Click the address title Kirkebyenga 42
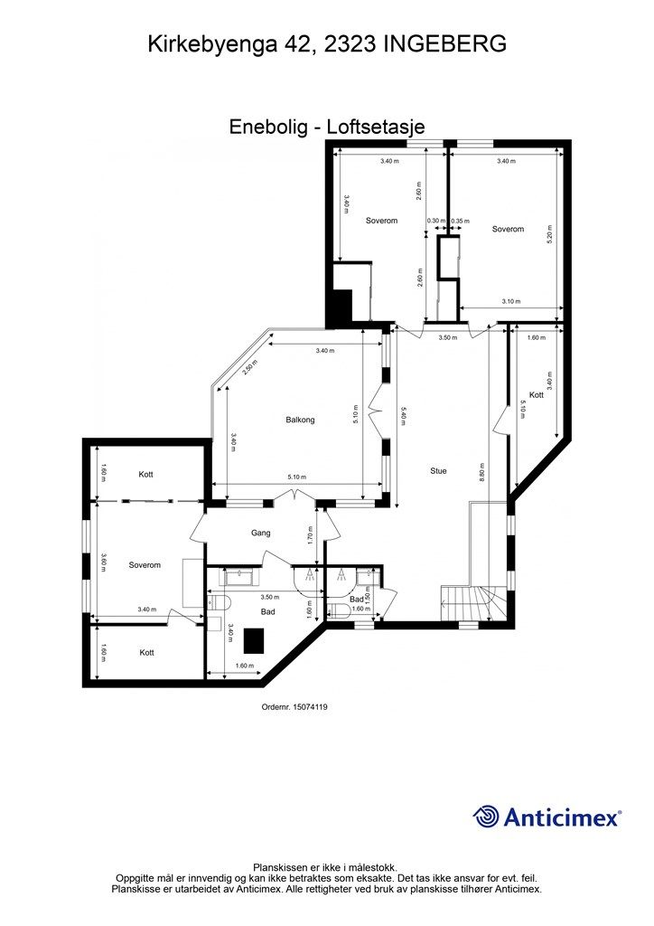click(x=229, y=43)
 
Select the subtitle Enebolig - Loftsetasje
click(x=327, y=128)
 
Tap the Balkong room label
click(x=300, y=420)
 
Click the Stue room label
click(x=438, y=470)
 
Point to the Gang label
click(x=261, y=534)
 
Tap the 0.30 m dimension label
click(x=435, y=221)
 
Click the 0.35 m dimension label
click(x=461, y=221)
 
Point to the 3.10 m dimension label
click(x=511, y=302)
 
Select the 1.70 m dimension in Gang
click(x=310, y=535)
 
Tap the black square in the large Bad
click(x=255, y=640)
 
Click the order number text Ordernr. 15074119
click(x=294, y=708)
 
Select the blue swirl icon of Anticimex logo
click(x=487, y=817)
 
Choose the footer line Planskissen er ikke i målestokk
click(x=325, y=867)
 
